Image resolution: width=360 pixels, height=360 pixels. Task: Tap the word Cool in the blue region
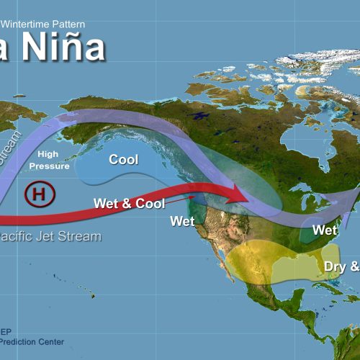(123, 159)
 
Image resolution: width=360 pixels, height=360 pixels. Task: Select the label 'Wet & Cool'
(130, 203)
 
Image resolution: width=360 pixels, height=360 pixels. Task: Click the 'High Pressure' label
(54, 160)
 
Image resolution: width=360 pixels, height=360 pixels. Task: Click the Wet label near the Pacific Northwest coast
(183, 221)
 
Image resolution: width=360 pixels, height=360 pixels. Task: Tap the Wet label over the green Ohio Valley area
(325, 230)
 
